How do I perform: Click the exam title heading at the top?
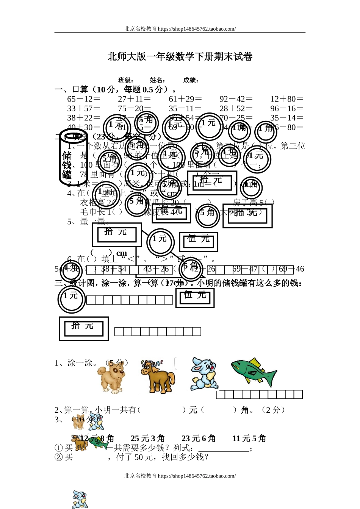pyautogui.click(x=180, y=57)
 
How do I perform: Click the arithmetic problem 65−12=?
pyautogui.click(x=84, y=99)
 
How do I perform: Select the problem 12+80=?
pyautogui.click(x=287, y=99)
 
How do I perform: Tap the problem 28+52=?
pyautogui.click(x=236, y=109)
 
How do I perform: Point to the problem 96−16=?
pyautogui.click(x=287, y=109)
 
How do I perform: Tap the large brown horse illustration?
pyautogui.click(x=158, y=376)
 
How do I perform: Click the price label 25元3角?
pyautogui.click(x=148, y=439)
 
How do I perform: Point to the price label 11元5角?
pyautogui.click(x=249, y=439)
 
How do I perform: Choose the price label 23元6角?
pyautogui.click(x=199, y=439)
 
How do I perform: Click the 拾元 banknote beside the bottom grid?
pyautogui.click(x=84, y=329)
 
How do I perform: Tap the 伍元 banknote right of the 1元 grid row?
pyautogui.click(x=195, y=298)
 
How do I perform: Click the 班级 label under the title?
pyautogui.click(x=125, y=80)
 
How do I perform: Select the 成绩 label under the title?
pyautogui.click(x=191, y=80)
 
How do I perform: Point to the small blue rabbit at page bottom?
pyautogui.click(x=80, y=500)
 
